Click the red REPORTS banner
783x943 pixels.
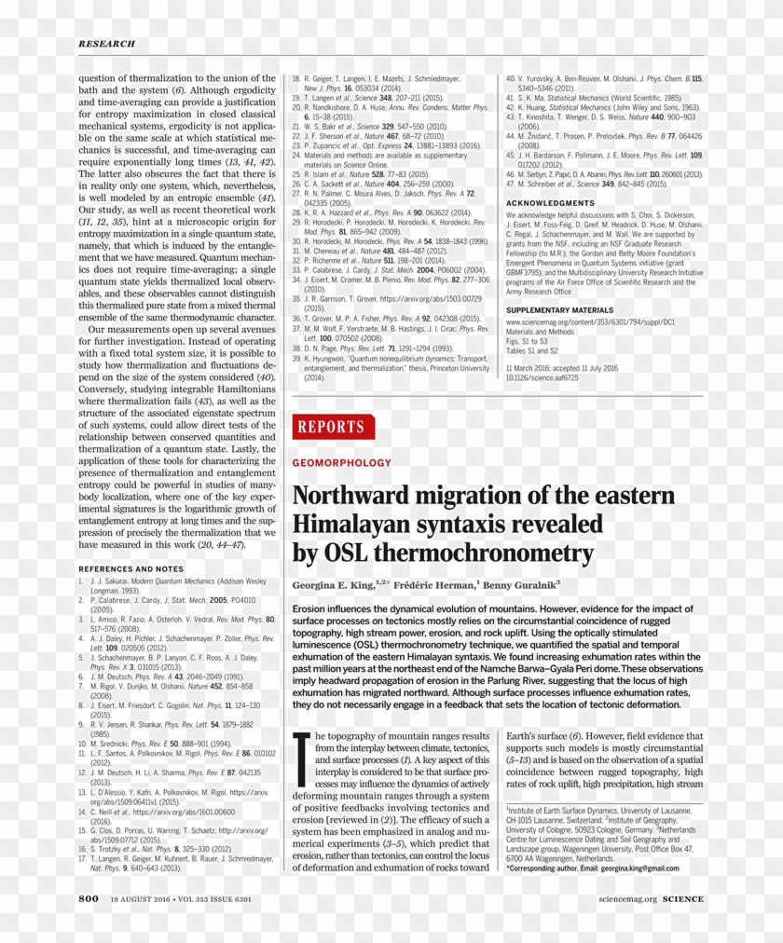(333, 427)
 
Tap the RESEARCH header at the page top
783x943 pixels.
(106, 44)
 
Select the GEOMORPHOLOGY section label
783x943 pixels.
(342, 462)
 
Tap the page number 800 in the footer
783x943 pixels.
(89, 898)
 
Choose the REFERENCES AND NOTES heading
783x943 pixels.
(130, 568)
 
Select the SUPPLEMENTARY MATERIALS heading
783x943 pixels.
(559, 309)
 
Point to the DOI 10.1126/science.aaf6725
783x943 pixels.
(542, 378)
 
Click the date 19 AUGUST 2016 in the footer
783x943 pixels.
(141, 899)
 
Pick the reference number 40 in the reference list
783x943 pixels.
(510, 79)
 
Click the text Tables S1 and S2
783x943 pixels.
(532, 351)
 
